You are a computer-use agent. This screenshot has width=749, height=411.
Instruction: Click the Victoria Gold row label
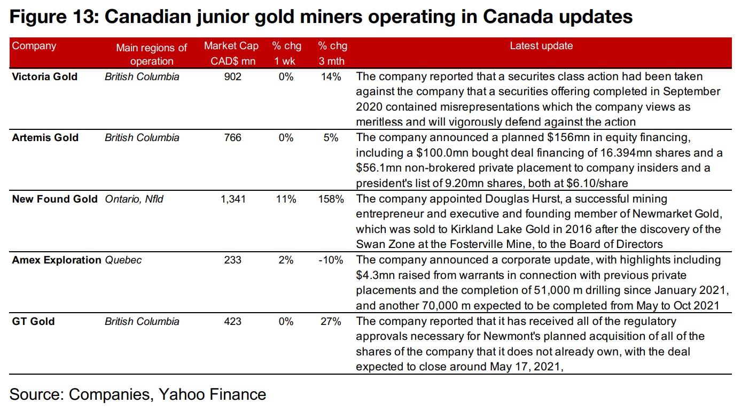click(x=45, y=77)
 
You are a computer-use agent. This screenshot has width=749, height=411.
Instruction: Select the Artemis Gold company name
click(x=45, y=138)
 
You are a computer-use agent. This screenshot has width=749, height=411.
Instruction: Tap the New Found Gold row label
click(x=54, y=199)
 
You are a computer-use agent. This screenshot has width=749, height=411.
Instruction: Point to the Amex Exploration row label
click(x=57, y=260)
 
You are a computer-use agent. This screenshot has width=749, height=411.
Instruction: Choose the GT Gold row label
click(x=33, y=322)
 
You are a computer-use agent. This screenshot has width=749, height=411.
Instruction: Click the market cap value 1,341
click(x=233, y=199)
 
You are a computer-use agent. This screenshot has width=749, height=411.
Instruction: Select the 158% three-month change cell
click(x=329, y=199)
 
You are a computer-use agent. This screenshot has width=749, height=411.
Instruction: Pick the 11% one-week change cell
click(x=286, y=199)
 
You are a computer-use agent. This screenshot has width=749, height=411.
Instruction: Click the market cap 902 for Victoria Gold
click(x=233, y=77)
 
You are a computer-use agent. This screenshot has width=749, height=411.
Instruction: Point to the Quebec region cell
click(x=123, y=260)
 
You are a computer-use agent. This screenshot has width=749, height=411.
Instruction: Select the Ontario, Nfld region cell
click(x=134, y=199)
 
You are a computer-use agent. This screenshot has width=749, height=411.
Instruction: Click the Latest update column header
click(x=541, y=46)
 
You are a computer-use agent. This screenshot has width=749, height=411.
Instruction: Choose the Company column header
click(x=34, y=46)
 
